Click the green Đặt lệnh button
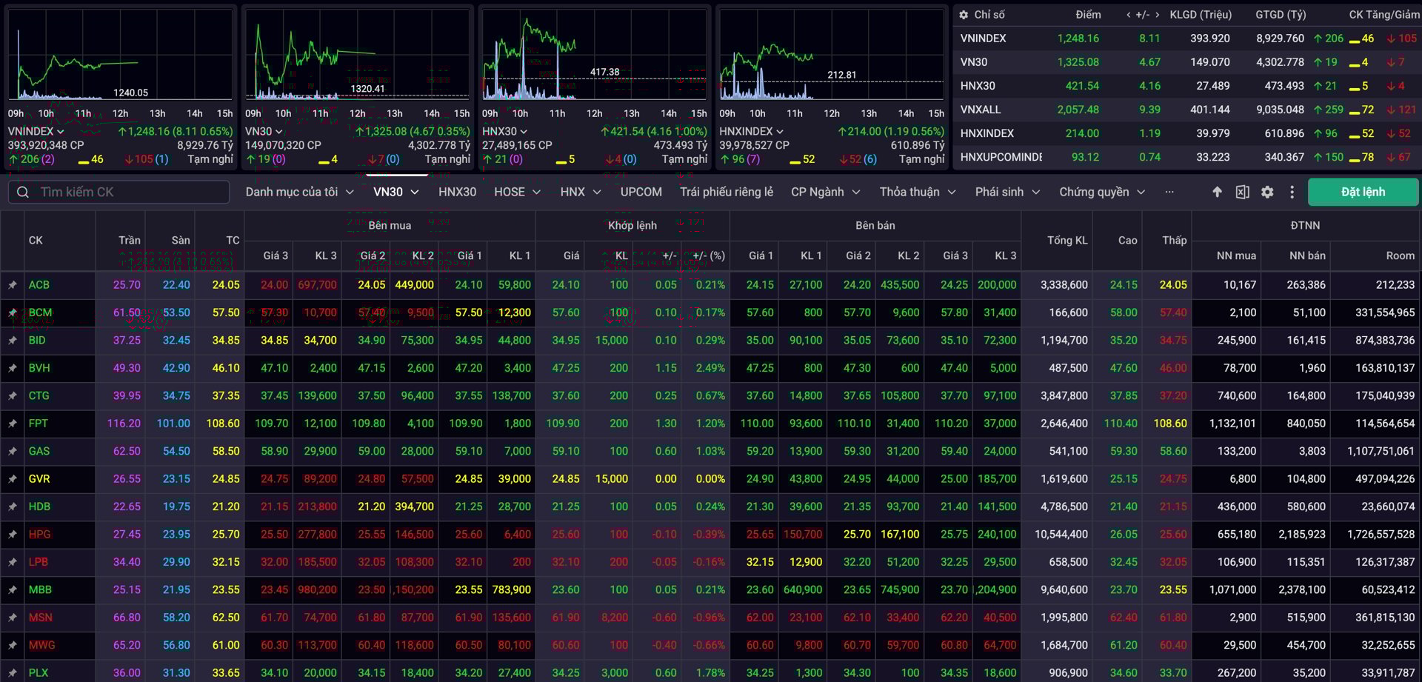tap(1363, 192)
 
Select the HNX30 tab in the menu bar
tap(457, 192)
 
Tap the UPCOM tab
tap(641, 192)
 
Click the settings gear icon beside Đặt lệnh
tap(1267, 192)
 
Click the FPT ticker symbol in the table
tap(39, 424)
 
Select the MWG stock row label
tap(42, 645)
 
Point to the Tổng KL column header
tap(1067, 240)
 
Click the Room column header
tap(1400, 255)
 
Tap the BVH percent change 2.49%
tap(710, 368)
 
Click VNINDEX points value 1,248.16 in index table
tap(1078, 39)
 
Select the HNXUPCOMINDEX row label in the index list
tap(1001, 157)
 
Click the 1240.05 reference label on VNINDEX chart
tap(130, 93)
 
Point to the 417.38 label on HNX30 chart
tap(604, 72)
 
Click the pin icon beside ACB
tap(13, 285)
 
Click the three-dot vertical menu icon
tap(1292, 192)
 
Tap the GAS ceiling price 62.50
tap(127, 451)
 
